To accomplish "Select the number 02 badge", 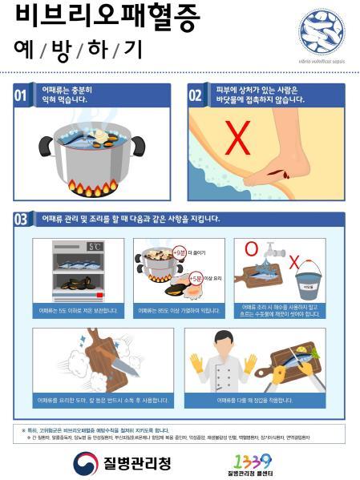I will click(196, 97).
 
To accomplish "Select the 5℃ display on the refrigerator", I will click(95, 247).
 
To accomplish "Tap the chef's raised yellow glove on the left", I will click(196, 365).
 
